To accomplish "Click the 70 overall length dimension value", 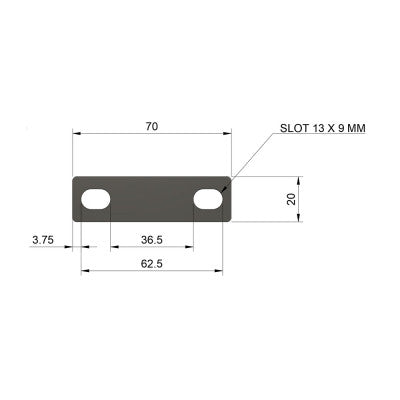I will (152, 127).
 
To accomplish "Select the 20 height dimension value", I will (291, 199).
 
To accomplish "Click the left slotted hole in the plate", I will (96, 200).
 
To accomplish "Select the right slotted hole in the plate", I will (208, 200).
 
